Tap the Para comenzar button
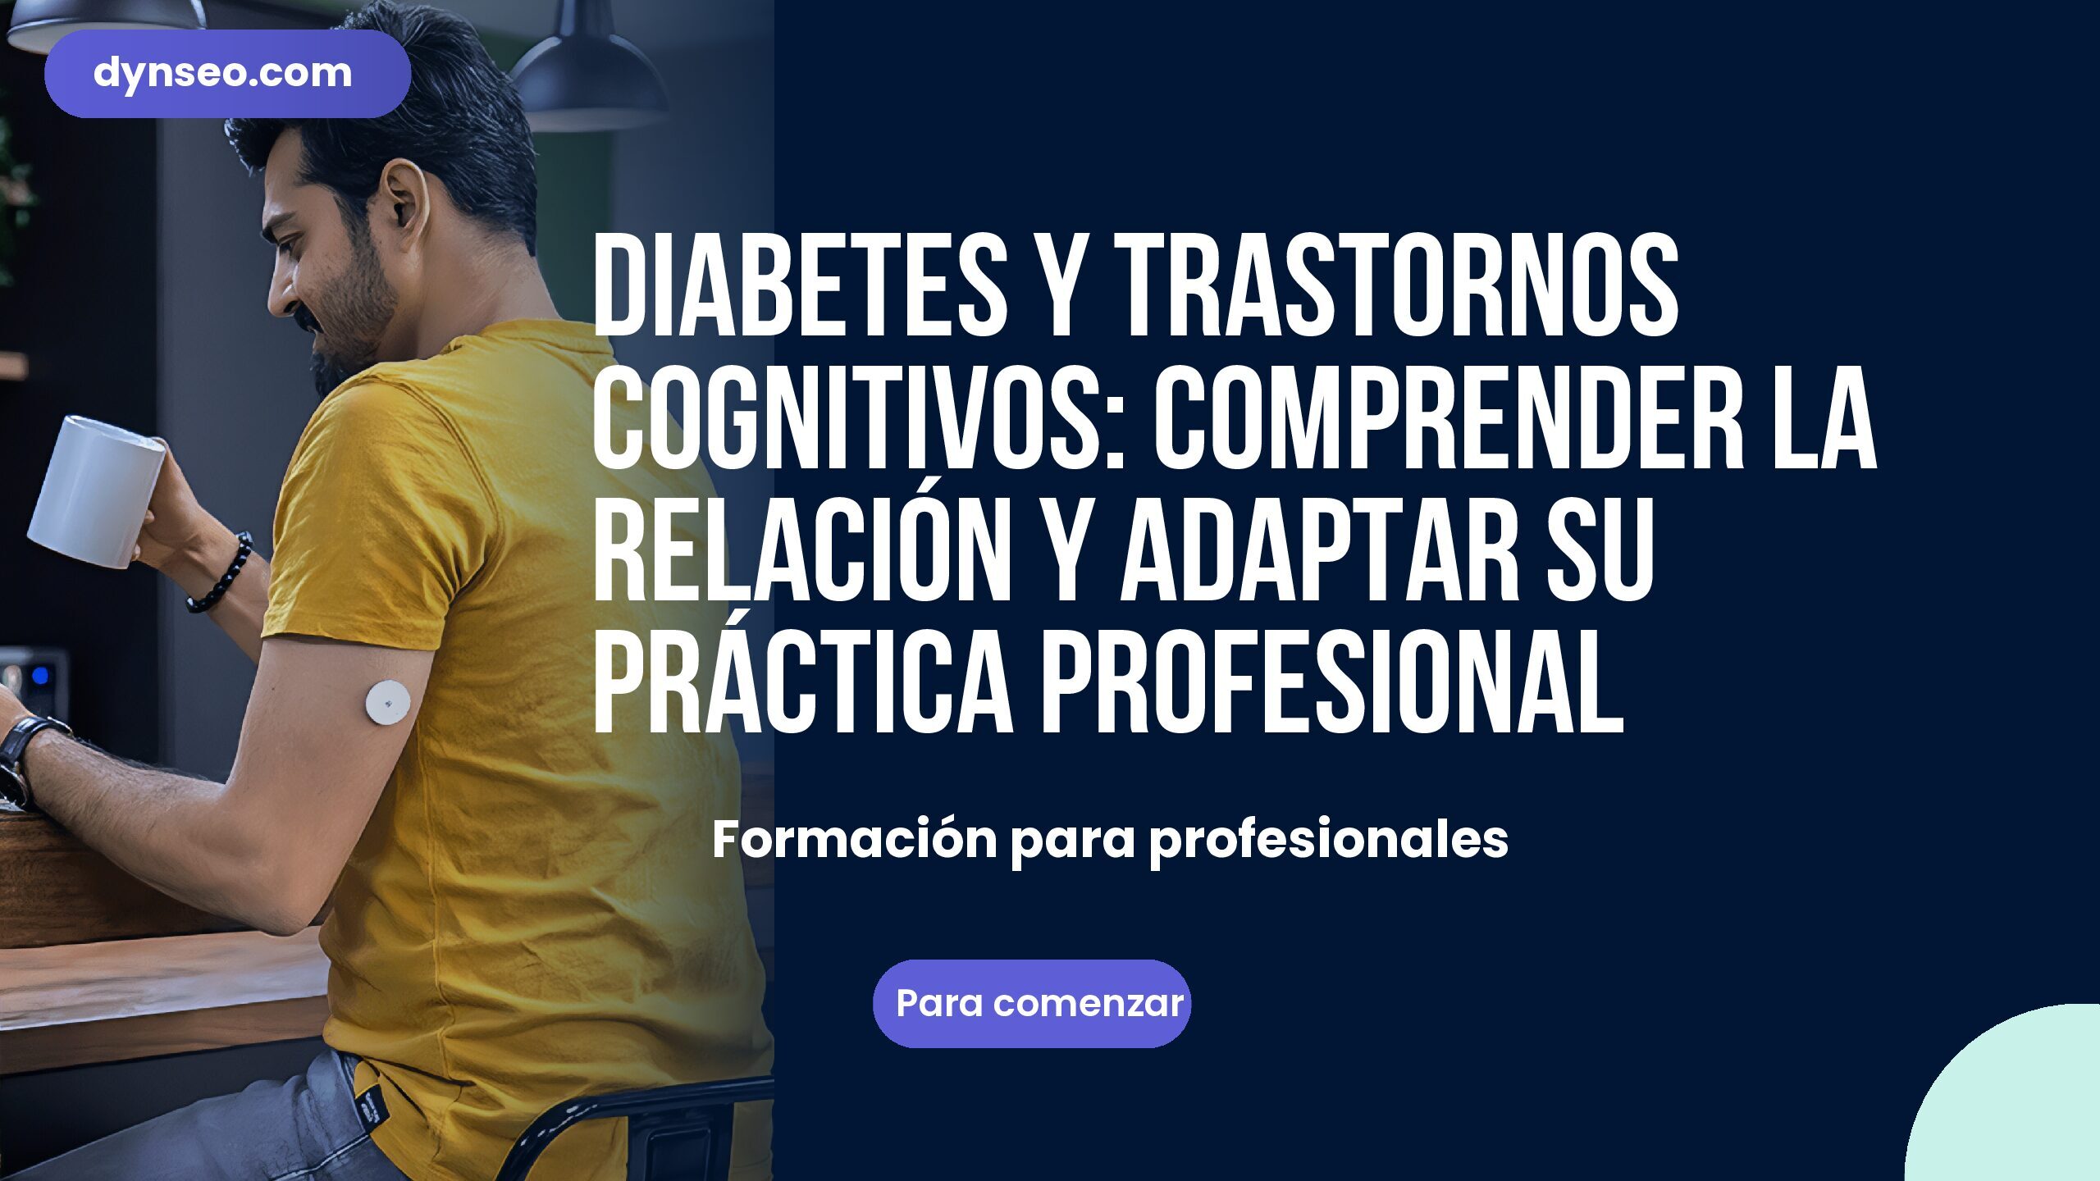[1031, 1003]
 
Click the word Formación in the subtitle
[854, 840]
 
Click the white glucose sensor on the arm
[387, 701]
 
